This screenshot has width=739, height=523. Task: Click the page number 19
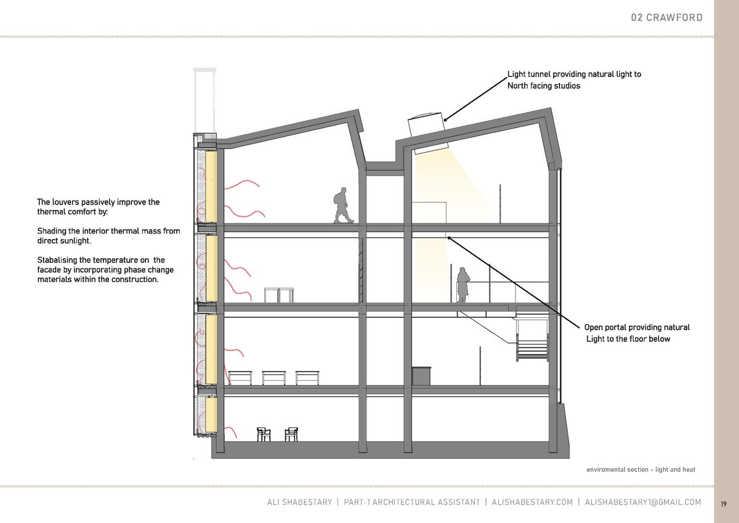(724, 504)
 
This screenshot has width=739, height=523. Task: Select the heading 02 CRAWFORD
(667, 17)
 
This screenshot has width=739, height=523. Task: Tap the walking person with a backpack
(344, 205)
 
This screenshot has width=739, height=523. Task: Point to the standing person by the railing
(462, 285)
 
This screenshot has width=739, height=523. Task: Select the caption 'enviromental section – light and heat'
(640, 469)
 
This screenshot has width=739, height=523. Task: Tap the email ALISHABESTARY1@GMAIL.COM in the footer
(643, 502)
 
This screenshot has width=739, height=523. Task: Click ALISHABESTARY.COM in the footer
(532, 502)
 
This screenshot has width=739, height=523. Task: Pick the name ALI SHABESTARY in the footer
(299, 502)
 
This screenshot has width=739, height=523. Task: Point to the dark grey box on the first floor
(421, 376)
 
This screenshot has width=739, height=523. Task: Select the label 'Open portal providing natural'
(637, 327)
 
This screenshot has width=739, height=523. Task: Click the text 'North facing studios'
(544, 86)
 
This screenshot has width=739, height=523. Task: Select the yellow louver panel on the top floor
(211, 187)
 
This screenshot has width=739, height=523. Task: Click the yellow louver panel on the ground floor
(211, 415)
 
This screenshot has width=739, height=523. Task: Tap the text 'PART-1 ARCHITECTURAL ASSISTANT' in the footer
(412, 502)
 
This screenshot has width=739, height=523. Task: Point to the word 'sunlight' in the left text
(77, 241)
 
